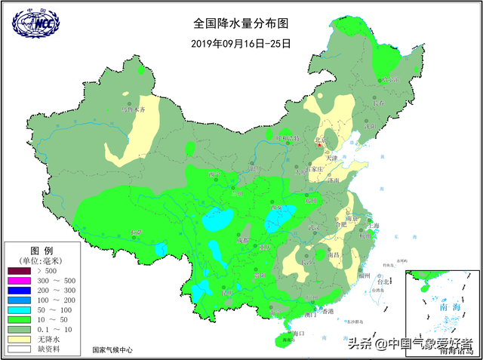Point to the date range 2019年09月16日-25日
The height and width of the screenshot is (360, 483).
[241, 42]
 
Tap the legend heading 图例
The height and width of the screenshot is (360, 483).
[41, 250]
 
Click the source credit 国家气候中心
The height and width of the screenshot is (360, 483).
[112, 350]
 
